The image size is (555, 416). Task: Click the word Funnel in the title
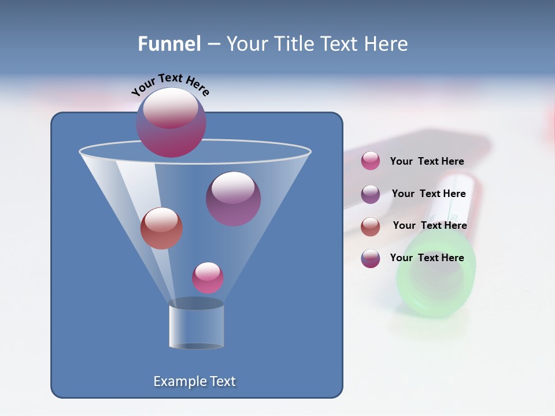pyautogui.click(x=169, y=44)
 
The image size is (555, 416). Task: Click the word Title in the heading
pyautogui.click(x=294, y=44)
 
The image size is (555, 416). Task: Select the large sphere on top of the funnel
pyautogui.click(x=171, y=122)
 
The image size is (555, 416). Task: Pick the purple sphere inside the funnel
pyautogui.click(x=234, y=198)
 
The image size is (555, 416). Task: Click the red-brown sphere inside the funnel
pyautogui.click(x=161, y=228)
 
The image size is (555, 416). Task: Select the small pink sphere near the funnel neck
pyautogui.click(x=208, y=277)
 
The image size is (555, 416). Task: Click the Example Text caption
pyautogui.click(x=195, y=381)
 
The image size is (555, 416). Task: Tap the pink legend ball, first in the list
pyautogui.click(x=371, y=161)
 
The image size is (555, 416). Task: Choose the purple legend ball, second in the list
pyautogui.click(x=371, y=194)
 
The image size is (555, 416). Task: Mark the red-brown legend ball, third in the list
pyautogui.click(x=371, y=226)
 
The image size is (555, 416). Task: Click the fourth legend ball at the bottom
pyautogui.click(x=371, y=258)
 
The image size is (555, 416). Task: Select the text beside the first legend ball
pyautogui.click(x=427, y=161)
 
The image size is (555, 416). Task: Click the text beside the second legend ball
pyautogui.click(x=428, y=194)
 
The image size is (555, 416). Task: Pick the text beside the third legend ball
pyautogui.click(x=430, y=225)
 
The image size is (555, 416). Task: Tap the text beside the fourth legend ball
pyautogui.click(x=427, y=258)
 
